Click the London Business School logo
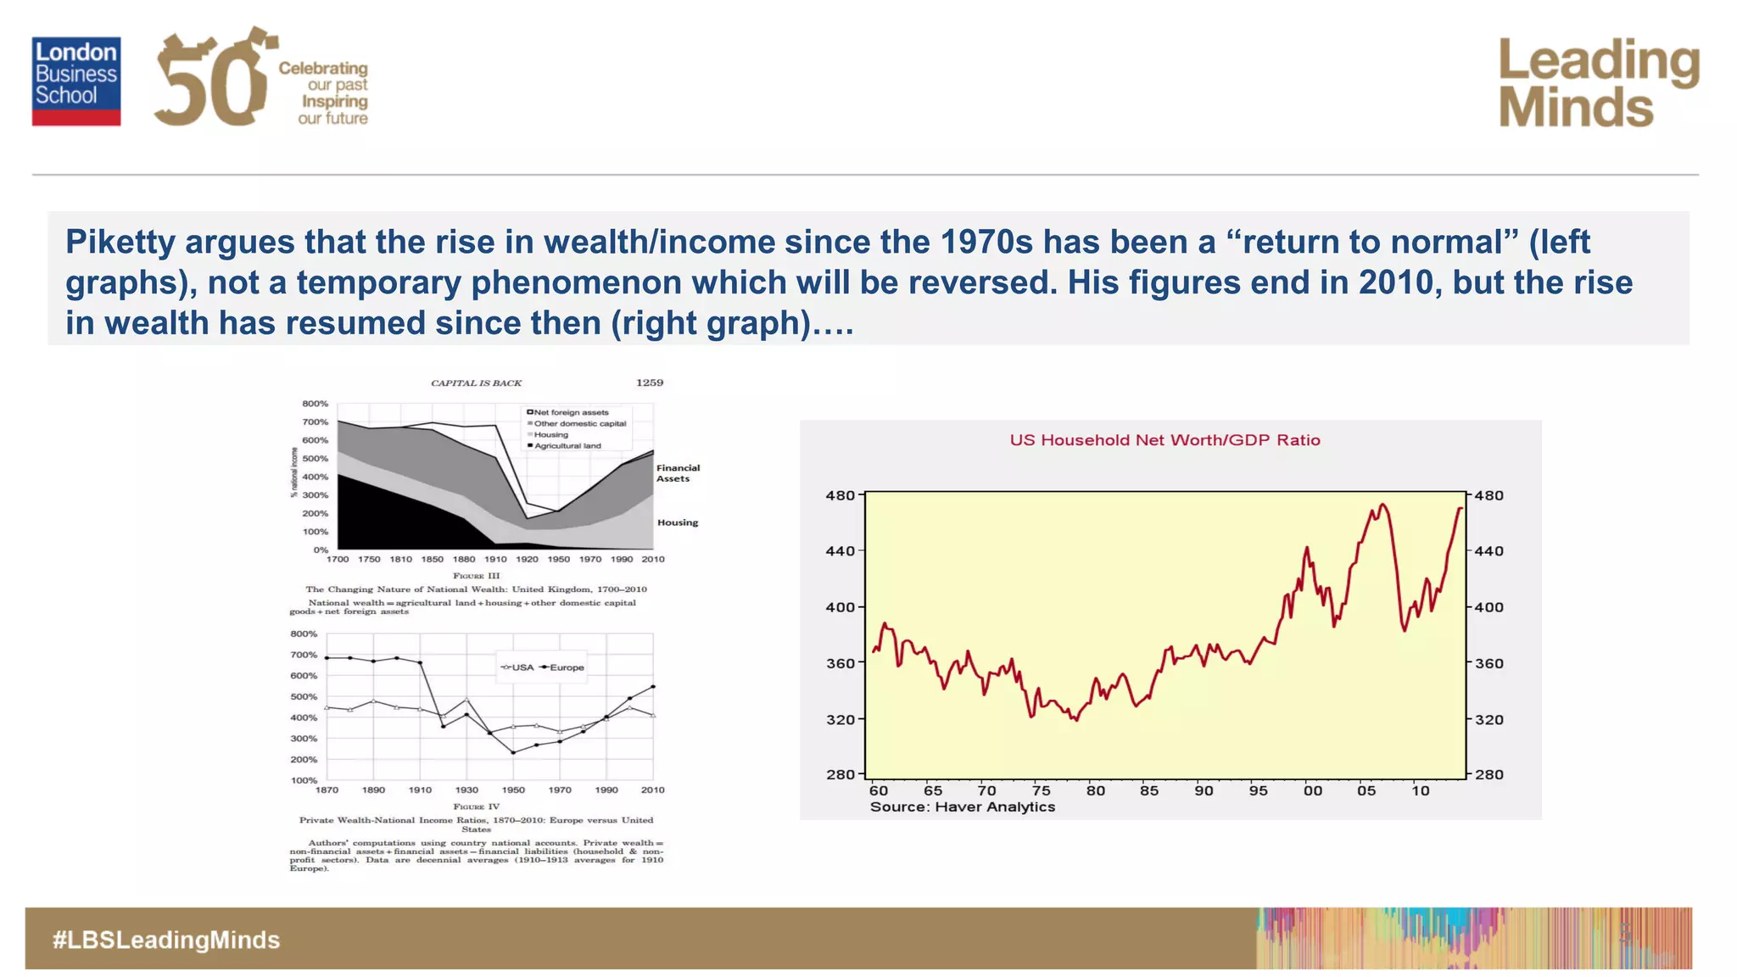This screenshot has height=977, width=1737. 76,81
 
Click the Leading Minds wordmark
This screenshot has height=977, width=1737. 1598,83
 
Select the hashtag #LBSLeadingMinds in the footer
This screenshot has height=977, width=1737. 166,940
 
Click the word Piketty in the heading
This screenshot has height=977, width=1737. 120,243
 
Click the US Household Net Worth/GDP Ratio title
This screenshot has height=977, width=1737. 1165,440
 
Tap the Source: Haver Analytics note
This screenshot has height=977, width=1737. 962,807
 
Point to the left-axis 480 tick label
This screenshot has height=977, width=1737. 840,495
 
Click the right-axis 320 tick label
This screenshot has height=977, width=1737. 1489,719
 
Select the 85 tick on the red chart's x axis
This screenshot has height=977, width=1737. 1149,790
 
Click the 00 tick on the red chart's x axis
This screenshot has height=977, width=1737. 1312,790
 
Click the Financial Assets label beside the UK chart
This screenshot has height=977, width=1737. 677,473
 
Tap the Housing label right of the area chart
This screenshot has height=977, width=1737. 677,522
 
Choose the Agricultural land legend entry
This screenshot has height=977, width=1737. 567,445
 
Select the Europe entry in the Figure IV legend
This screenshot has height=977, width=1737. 566,667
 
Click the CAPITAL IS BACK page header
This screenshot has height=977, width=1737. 476,383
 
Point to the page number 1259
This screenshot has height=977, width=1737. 650,382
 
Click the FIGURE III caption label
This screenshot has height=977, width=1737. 476,576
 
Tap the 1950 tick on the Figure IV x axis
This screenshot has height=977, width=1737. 513,790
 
